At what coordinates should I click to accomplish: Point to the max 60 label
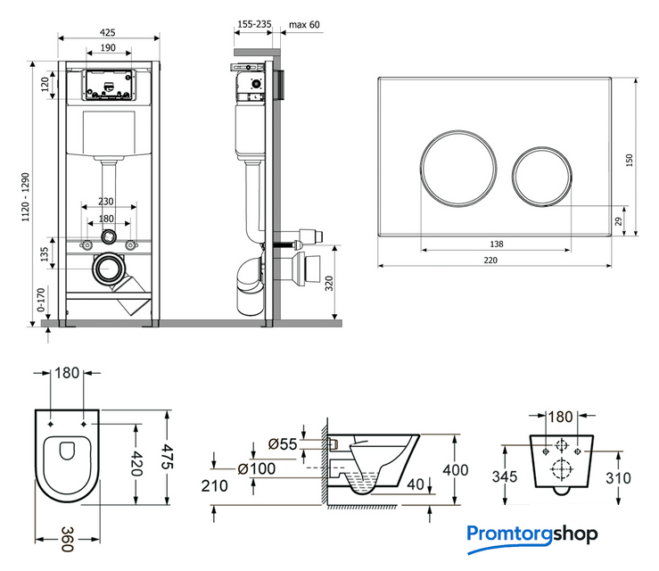(304, 24)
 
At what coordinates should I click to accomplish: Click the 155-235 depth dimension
(253, 24)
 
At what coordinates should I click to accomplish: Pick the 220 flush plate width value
(490, 259)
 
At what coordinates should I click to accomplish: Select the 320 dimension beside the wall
(328, 285)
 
